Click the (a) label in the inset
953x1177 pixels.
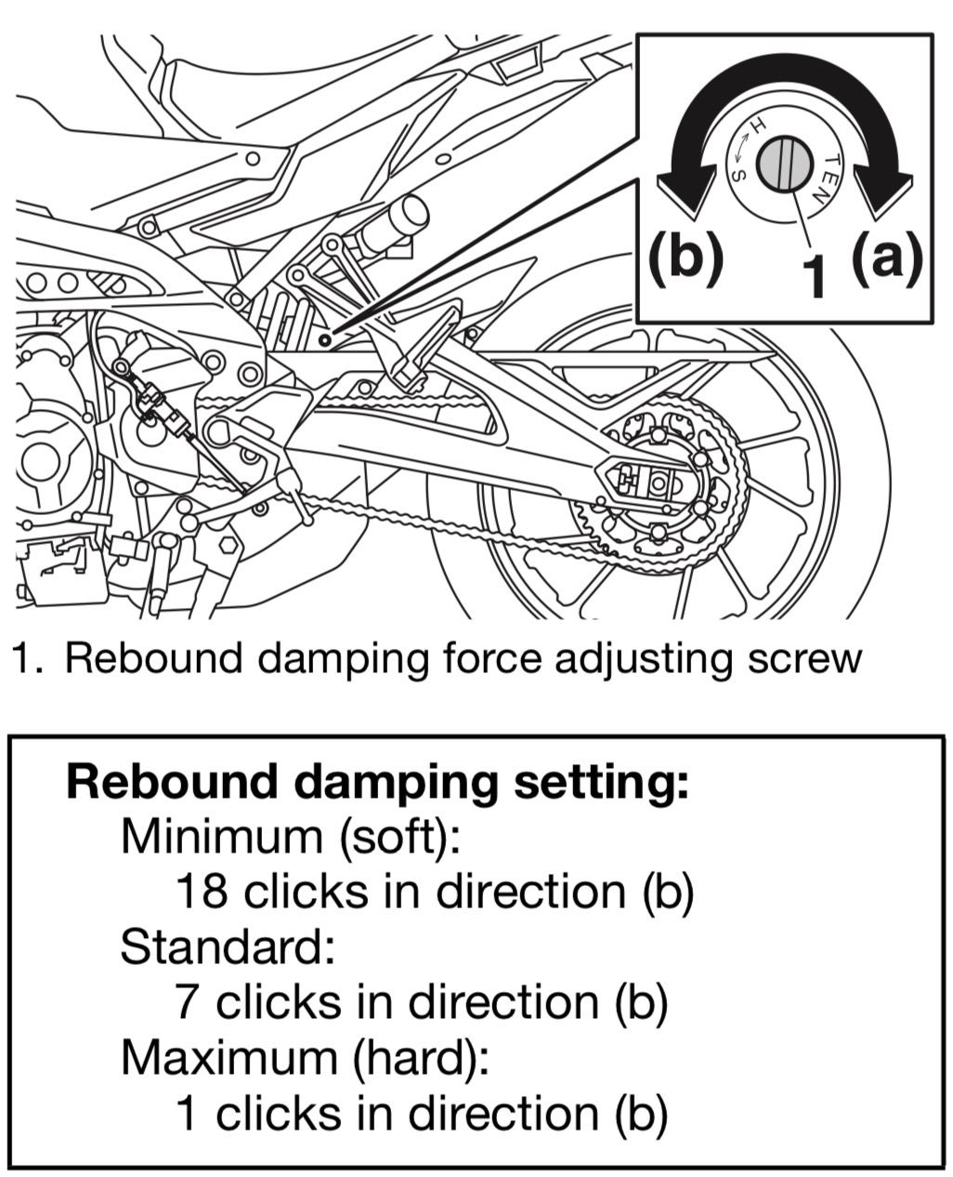[x=887, y=257]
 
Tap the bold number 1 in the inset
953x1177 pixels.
[x=814, y=276]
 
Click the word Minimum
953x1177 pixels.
[x=221, y=836]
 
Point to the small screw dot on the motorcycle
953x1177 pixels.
[x=324, y=340]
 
